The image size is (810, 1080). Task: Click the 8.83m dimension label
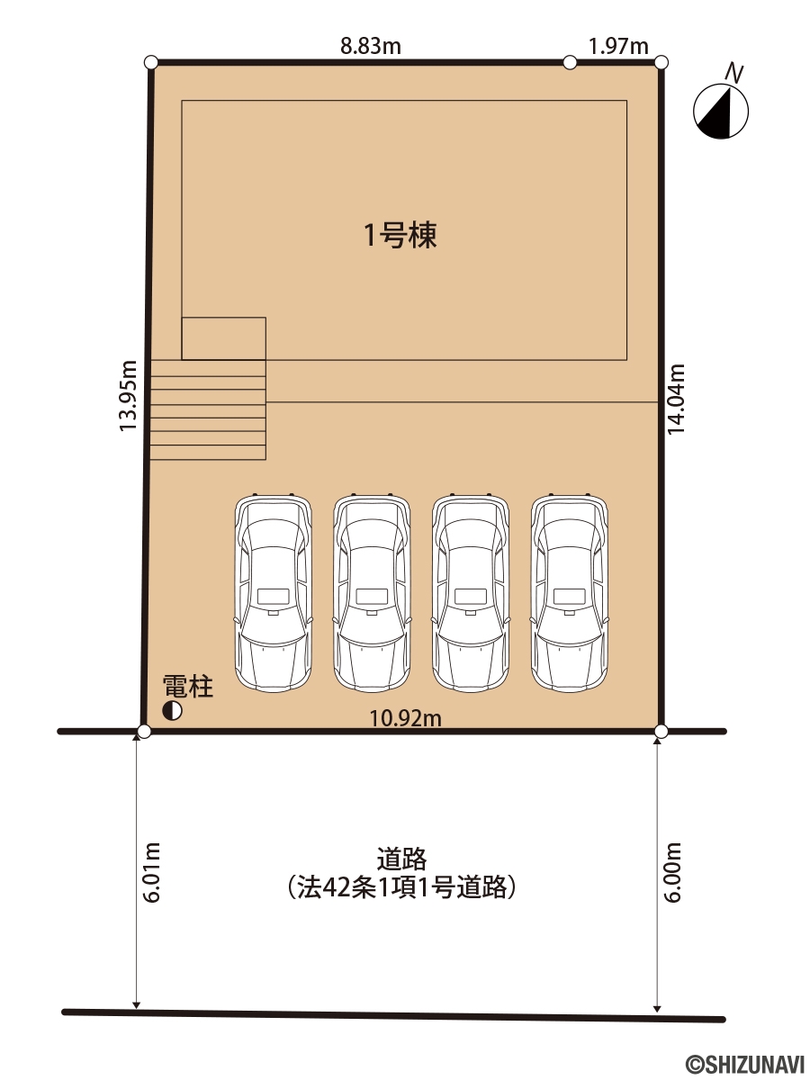click(371, 46)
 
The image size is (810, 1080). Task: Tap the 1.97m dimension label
click(618, 46)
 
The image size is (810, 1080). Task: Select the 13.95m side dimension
click(129, 396)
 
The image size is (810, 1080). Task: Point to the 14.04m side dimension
click(676, 399)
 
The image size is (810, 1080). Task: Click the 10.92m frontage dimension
click(405, 719)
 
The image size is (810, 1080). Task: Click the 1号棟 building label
click(400, 235)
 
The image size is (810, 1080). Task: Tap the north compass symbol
click(721, 111)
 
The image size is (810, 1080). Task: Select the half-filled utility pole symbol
click(172, 710)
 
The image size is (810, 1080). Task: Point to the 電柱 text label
click(188, 686)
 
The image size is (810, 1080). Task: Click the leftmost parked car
click(274, 592)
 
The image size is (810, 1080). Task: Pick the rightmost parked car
click(570, 592)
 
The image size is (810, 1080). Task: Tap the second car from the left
click(372, 592)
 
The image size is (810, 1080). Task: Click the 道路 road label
click(401, 859)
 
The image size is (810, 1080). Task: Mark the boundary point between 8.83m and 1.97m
click(570, 62)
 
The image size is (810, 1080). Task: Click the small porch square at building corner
click(224, 338)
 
